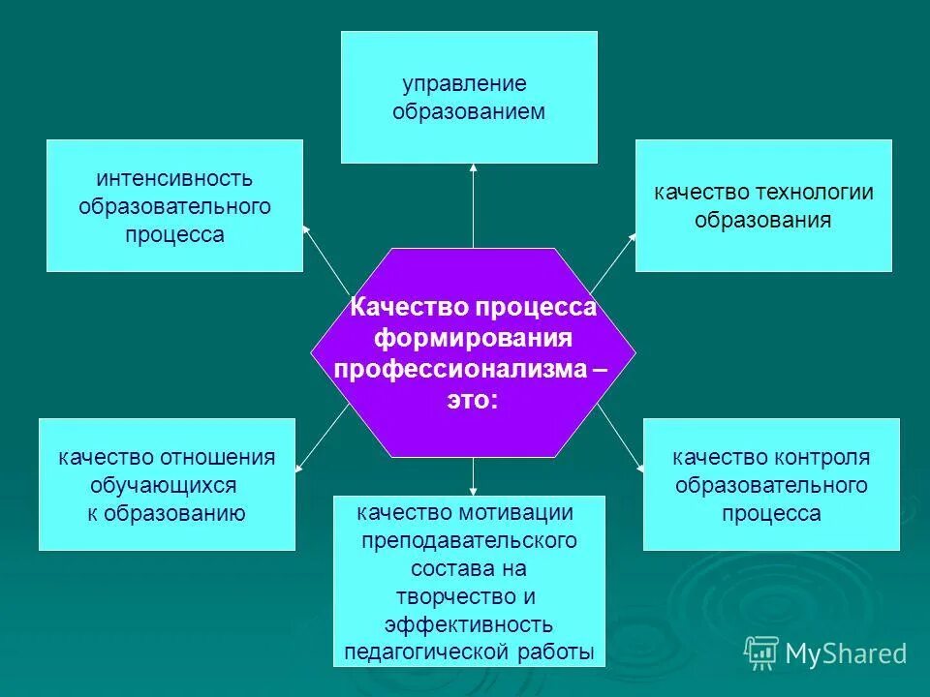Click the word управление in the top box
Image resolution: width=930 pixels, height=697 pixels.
(x=464, y=83)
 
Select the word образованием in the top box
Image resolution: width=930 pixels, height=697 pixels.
(x=469, y=111)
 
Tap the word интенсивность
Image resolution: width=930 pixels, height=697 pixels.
(x=174, y=179)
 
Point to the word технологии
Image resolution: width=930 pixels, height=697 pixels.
(x=815, y=192)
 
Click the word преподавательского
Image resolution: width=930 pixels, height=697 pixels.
(x=469, y=540)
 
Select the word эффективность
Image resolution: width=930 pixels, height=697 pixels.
(x=469, y=623)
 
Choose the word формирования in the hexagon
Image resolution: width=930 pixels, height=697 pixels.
(x=473, y=338)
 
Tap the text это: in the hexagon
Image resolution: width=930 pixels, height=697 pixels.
(x=472, y=400)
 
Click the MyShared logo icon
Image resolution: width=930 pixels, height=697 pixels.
(x=761, y=652)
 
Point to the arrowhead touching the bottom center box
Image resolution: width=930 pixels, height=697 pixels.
(x=473, y=491)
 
